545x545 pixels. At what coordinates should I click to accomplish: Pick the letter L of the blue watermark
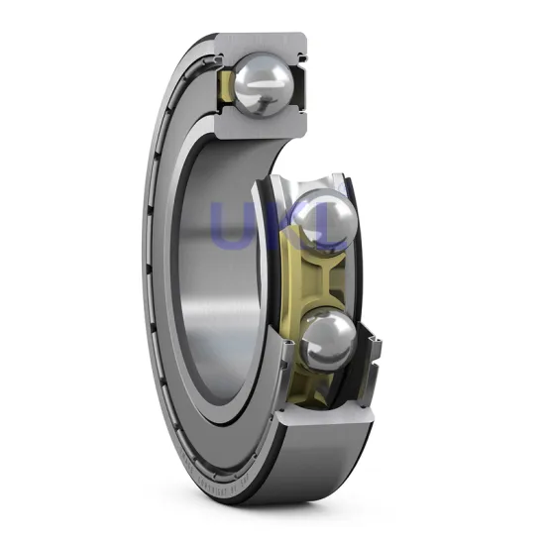[x=322, y=225]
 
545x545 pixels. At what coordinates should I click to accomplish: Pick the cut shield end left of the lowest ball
[x=286, y=349]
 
